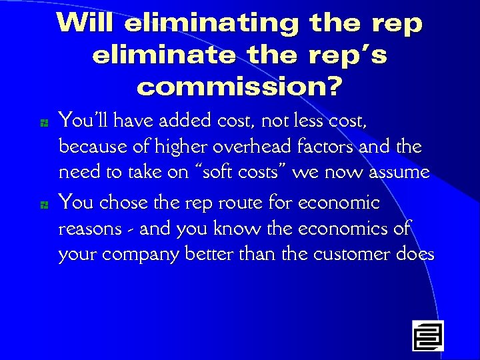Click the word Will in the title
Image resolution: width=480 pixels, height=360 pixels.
[86, 23]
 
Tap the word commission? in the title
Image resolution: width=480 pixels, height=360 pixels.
[239, 86]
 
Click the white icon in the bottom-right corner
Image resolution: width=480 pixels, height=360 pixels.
[427, 335]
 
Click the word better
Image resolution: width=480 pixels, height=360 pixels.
[206, 254]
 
